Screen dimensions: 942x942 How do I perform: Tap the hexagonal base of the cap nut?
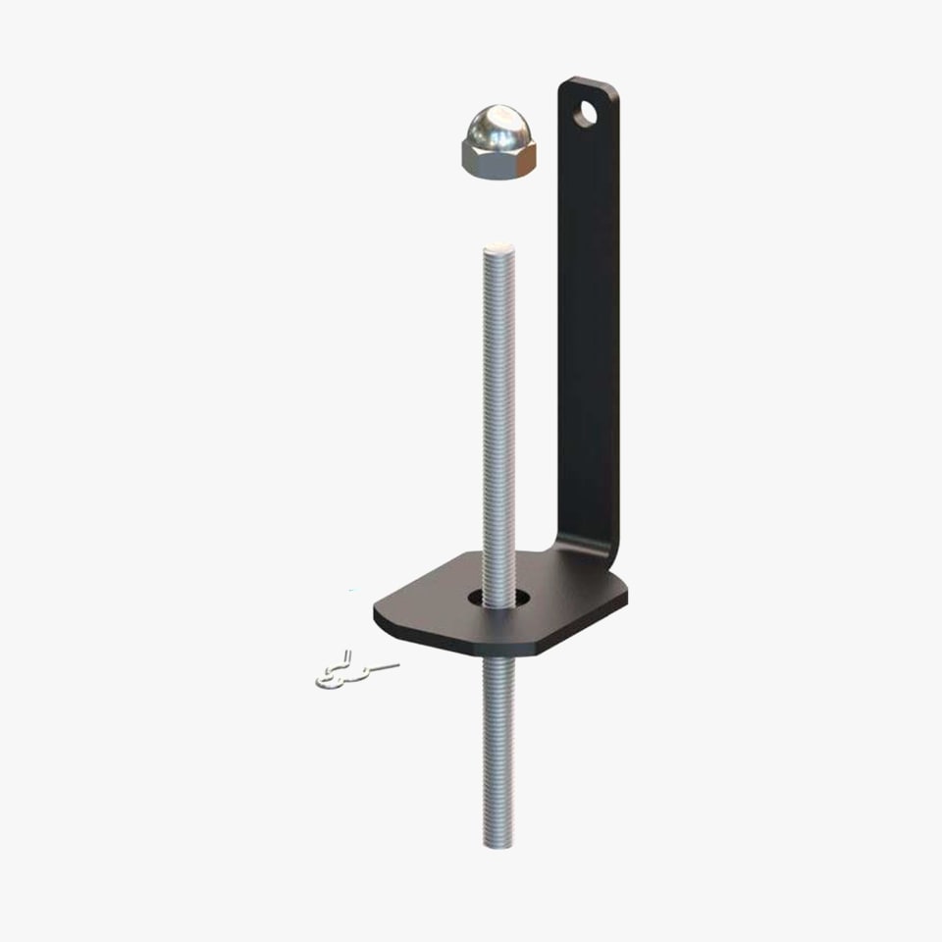point(498,161)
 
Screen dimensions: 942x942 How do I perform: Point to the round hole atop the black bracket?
point(586,114)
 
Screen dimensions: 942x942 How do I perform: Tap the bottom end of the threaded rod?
point(498,844)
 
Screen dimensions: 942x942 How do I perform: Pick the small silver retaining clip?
point(343,672)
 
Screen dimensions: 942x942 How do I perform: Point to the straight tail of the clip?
point(383,667)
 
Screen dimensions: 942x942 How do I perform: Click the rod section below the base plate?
point(498,746)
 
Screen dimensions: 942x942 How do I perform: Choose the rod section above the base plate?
point(498,412)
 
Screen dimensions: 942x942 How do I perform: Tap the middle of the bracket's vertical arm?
point(589,324)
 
